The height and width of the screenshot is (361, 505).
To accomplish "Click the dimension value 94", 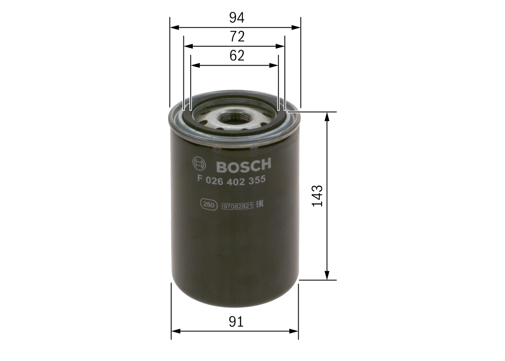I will point(237,18).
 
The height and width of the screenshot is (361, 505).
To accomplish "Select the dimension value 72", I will point(237,37).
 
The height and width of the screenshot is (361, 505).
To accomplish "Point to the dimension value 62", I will point(237,56).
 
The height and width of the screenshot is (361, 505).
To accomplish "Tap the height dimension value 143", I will point(317,195).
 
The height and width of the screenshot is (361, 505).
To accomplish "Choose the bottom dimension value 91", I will point(236,322).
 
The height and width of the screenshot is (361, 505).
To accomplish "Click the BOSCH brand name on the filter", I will point(243,165).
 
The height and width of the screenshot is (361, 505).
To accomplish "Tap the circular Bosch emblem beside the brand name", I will point(199,164).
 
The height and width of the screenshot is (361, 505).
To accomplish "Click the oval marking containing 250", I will point(208,205).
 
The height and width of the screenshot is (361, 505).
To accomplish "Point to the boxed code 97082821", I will point(238,206).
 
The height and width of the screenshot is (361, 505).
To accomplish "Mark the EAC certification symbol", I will point(260,204).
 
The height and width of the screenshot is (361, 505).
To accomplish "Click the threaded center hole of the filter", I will point(234,117).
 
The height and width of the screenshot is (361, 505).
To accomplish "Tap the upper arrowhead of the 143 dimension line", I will point(327,117).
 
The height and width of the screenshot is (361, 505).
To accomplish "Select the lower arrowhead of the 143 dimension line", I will point(327,275).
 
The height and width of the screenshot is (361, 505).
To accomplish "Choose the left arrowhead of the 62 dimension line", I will point(195,65).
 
